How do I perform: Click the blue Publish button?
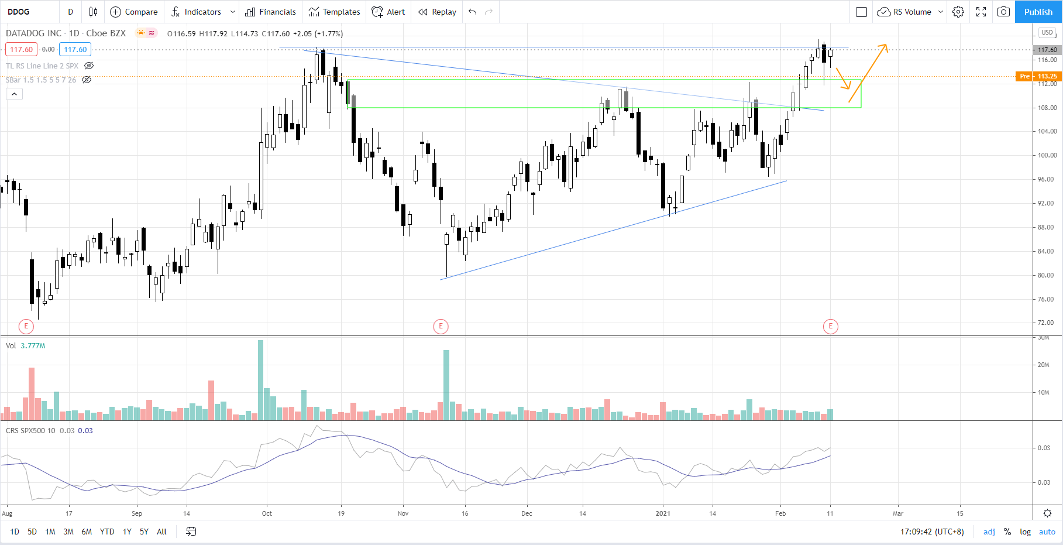point(1038,12)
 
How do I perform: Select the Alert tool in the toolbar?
point(388,12)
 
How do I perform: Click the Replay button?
point(438,12)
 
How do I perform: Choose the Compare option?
point(134,12)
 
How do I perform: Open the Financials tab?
point(270,12)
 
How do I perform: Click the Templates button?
point(335,12)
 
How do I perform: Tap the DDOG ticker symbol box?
point(29,12)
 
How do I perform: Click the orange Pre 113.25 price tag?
point(1038,76)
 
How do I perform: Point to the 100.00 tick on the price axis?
point(1047,155)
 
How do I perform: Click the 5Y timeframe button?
point(144,532)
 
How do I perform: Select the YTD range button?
point(107,532)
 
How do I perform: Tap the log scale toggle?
point(1025,532)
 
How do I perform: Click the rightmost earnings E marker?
point(830,326)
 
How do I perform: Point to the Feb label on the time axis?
point(780,513)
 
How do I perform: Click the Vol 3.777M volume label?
point(26,346)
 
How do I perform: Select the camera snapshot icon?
point(1003,12)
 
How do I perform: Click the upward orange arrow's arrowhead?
point(885,46)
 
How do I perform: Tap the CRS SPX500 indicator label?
point(30,431)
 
